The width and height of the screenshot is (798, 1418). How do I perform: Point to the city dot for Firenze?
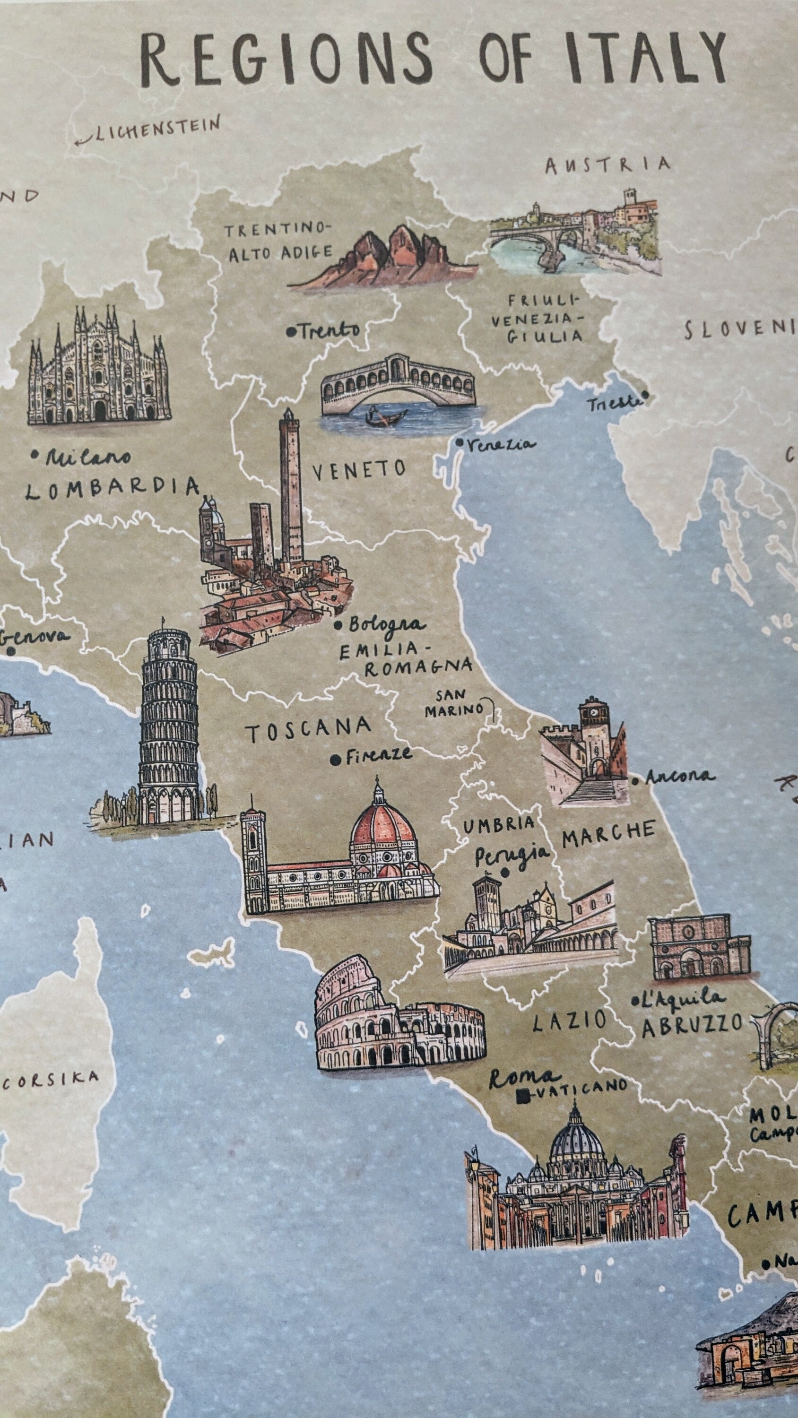point(334,760)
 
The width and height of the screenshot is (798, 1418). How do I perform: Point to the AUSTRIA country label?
point(607,164)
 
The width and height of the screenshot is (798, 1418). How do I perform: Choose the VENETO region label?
point(358,469)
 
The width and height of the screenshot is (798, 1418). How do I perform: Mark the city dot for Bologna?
point(338,625)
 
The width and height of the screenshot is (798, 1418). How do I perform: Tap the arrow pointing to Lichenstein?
point(84,140)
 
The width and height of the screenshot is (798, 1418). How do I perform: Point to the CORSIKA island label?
point(51,1080)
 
